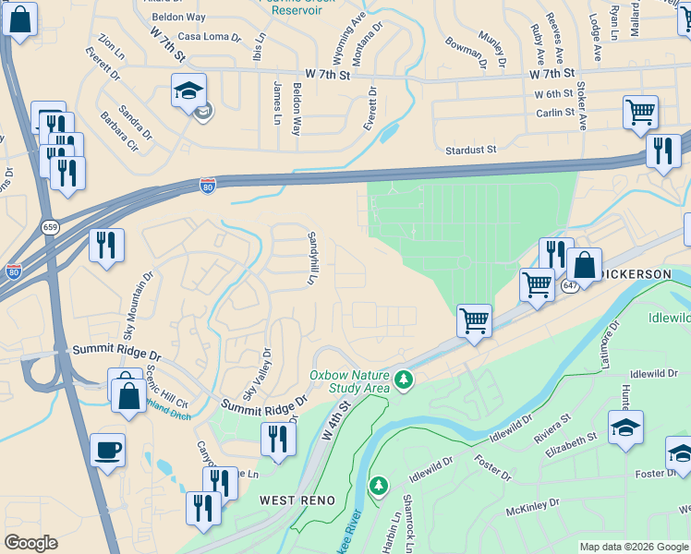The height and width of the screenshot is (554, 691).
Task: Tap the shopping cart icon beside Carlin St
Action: coord(639,113)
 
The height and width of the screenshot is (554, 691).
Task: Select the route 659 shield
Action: coord(50,227)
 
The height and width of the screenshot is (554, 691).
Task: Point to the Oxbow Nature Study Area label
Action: coord(348,381)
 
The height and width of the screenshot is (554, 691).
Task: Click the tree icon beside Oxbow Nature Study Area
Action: coord(403,379)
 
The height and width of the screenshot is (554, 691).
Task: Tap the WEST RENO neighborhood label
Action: coord(277,500)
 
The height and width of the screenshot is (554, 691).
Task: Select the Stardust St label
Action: coord(471,149)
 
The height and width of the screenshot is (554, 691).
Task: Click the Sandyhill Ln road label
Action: coord(312,258)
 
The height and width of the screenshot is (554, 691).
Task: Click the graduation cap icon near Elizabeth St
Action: coord(625,428)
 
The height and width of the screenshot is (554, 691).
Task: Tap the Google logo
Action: coord(31,543)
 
